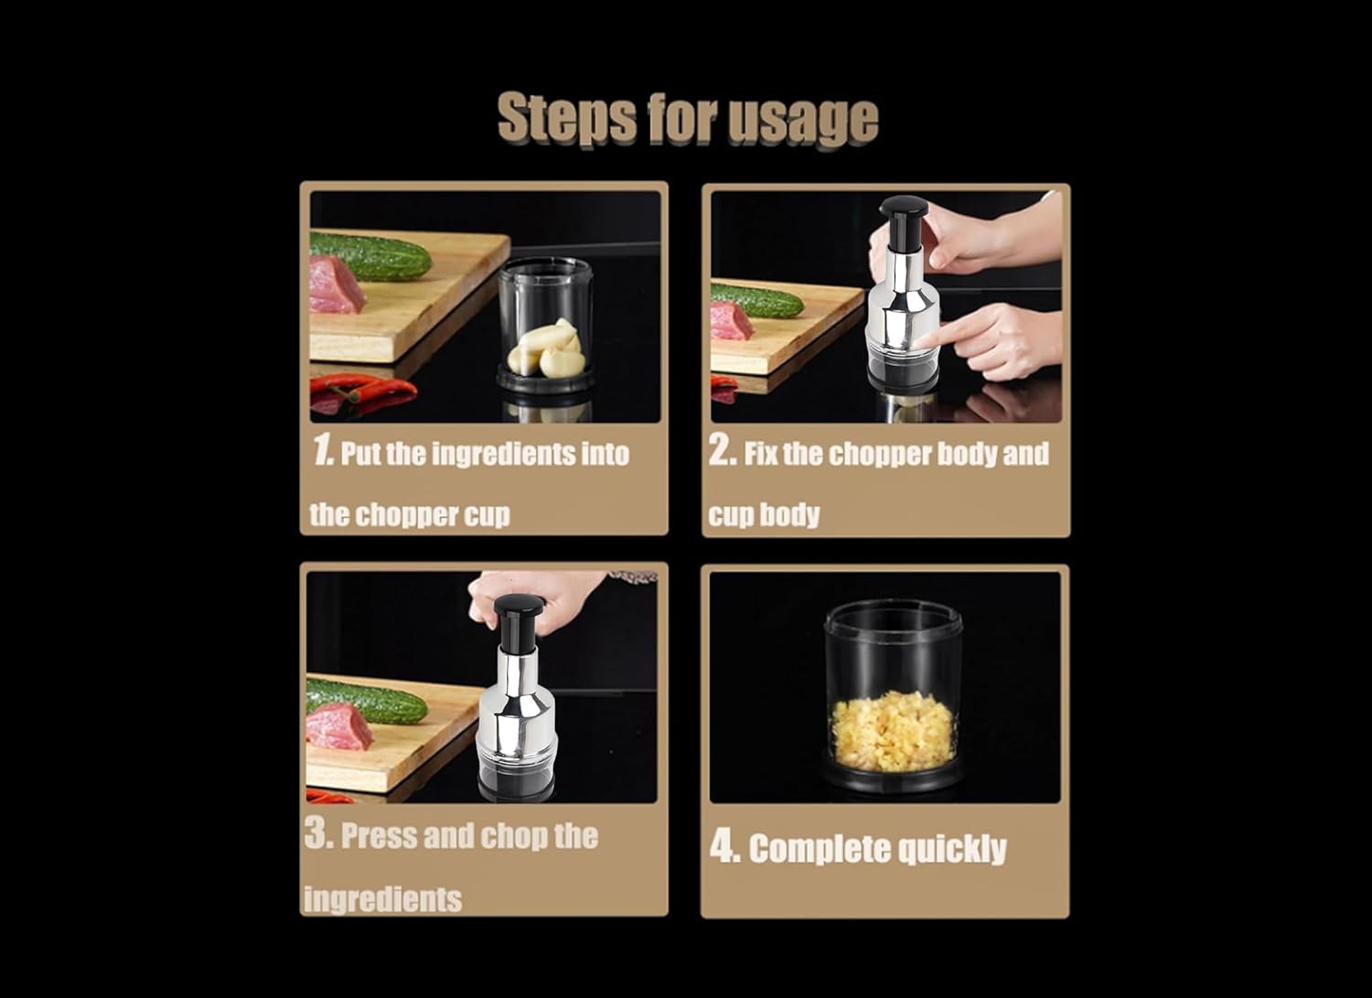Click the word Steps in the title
567,119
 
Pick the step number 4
725,847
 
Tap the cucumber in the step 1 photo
370,255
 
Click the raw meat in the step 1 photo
336,284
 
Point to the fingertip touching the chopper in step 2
922,340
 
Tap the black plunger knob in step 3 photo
519,606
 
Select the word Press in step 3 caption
380,836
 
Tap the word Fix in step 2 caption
761,454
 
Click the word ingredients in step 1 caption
502,454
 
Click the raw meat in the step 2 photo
732,320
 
